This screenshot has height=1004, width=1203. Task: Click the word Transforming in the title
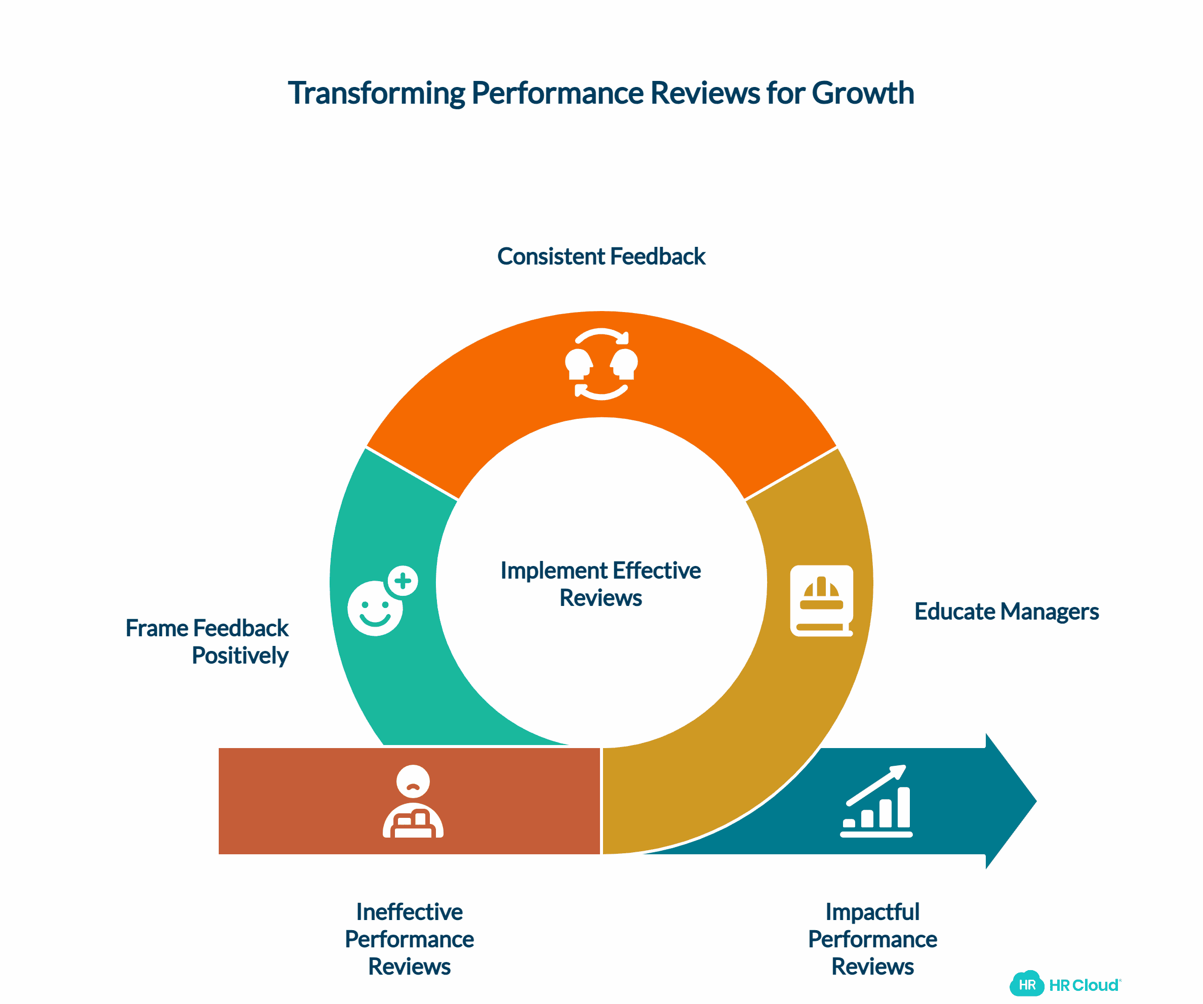[376, 93]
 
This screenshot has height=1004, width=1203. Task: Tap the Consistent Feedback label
[601, 256]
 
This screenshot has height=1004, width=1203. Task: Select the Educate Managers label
[1006, 612]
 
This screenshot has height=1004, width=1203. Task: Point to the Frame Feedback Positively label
[208, 642]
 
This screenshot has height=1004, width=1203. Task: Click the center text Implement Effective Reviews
[600, 584]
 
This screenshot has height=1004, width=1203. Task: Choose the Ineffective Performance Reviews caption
[409, 939]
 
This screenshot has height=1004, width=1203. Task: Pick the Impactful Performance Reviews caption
[872, 939]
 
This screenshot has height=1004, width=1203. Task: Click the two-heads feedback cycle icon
[601, 364]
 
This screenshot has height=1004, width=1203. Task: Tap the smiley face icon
[375, 608]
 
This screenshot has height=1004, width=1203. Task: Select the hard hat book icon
[821, 600]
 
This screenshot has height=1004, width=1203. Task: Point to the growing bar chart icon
[876, 801]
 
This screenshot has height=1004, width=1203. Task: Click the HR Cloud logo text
[1084, 985]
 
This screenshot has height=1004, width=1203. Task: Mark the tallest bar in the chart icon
[903, 807]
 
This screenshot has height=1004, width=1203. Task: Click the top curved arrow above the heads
[601, 335]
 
